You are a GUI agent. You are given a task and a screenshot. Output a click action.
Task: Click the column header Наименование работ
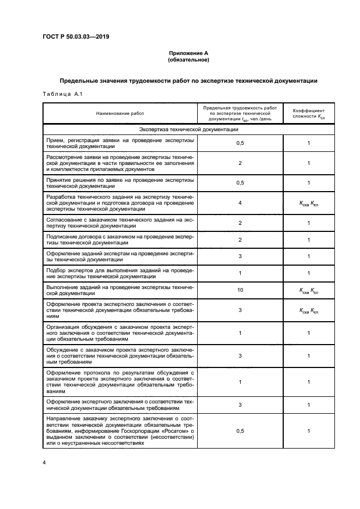pos(120,113)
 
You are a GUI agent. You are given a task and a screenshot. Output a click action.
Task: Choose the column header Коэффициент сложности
pos(308,113)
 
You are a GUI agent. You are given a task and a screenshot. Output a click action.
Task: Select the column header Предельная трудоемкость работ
pos(240,113)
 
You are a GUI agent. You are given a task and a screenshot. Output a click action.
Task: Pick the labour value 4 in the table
pos(240,203)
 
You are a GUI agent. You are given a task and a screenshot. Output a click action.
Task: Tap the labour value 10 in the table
pos(240,290)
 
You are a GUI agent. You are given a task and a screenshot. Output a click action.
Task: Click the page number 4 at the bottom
pos(44,462)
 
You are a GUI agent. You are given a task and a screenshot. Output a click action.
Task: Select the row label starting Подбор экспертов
pos(120,273)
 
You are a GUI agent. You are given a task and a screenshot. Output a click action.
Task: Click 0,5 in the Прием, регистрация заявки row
pos(240,143)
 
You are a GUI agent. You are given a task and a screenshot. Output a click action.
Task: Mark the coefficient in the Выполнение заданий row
pos(308,291)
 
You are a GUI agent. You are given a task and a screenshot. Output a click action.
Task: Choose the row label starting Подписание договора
pos(120,240)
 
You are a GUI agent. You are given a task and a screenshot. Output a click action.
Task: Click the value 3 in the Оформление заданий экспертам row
pos(240,256)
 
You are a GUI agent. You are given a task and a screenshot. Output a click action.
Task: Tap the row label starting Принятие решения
pos(120,182)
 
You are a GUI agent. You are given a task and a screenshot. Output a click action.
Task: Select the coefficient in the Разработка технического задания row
pos(308,204)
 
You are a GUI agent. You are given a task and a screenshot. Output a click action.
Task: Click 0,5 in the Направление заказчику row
pos(240,431)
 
